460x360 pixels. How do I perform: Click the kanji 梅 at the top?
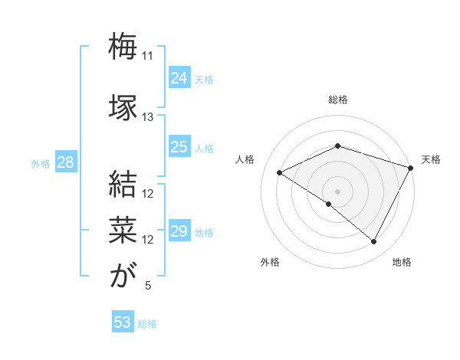(x=123, y=47)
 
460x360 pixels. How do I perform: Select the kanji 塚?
(x=123, y=106)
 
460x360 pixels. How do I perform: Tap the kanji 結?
(x=123, y=184)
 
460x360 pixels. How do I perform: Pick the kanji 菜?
(x=123, y=229)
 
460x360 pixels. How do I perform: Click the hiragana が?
(x=123, y=275)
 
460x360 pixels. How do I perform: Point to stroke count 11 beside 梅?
(x=148, y=56)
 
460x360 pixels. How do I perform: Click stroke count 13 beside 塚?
(x=148, y=117)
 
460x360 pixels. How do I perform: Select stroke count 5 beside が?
(x=148, y=286)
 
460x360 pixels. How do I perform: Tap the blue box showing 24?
(x=179, y=78)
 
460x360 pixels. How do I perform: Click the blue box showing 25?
(x=179, y=147)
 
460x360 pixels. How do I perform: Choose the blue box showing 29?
(x=179, y=231)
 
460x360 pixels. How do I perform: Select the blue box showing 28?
(x=65, y=162)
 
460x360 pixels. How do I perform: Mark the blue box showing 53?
(x=123, y=322)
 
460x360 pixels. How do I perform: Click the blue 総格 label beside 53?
(x=147, y=324)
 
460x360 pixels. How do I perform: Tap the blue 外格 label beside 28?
(x=41, y=163)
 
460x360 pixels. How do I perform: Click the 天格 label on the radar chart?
(x=431, y=159)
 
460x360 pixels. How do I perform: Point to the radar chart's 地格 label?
(x=402, y=262)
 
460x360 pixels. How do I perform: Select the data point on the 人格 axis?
(x=280, y=173)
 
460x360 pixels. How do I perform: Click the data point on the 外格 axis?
(x=329, y=204)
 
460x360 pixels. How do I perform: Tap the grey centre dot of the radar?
(x=337, y=191)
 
